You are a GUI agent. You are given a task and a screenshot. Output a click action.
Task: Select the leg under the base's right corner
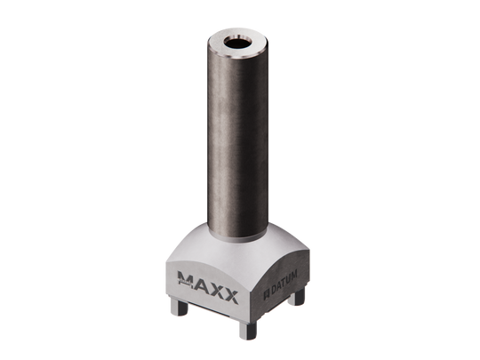[309, 300]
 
